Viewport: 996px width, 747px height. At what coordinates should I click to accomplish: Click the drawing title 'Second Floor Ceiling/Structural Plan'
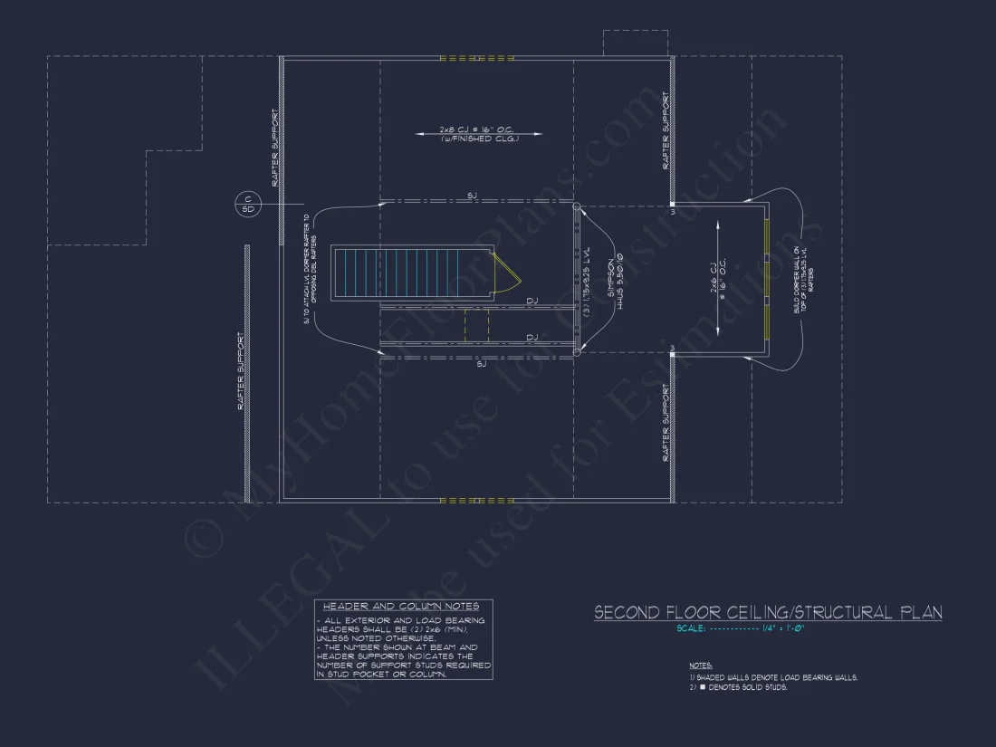pyautogui.click(x=767, y=613)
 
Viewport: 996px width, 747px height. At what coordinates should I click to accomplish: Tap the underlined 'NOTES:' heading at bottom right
pyautogui.click(x=700, y=665)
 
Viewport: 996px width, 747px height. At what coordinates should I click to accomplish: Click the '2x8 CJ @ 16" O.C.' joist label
pyautogui.click(x=476, y=129)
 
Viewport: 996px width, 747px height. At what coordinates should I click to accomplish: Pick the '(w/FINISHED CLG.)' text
pyautogui.click(x=478, y=139)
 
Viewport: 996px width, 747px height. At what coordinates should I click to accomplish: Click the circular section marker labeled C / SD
pyautogui.click(x=246, y=204)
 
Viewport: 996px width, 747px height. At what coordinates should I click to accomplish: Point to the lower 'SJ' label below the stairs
pyautogui.click(x=481, y=363)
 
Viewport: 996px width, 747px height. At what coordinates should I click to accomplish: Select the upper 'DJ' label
pyautogui.click(x=532, y=301)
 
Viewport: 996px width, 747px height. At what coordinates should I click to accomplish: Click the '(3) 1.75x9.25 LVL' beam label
pyautogui.click(x=588, y=282)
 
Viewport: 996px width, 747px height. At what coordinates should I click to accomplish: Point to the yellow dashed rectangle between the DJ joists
pyautogui.click(x=476, y=325)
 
